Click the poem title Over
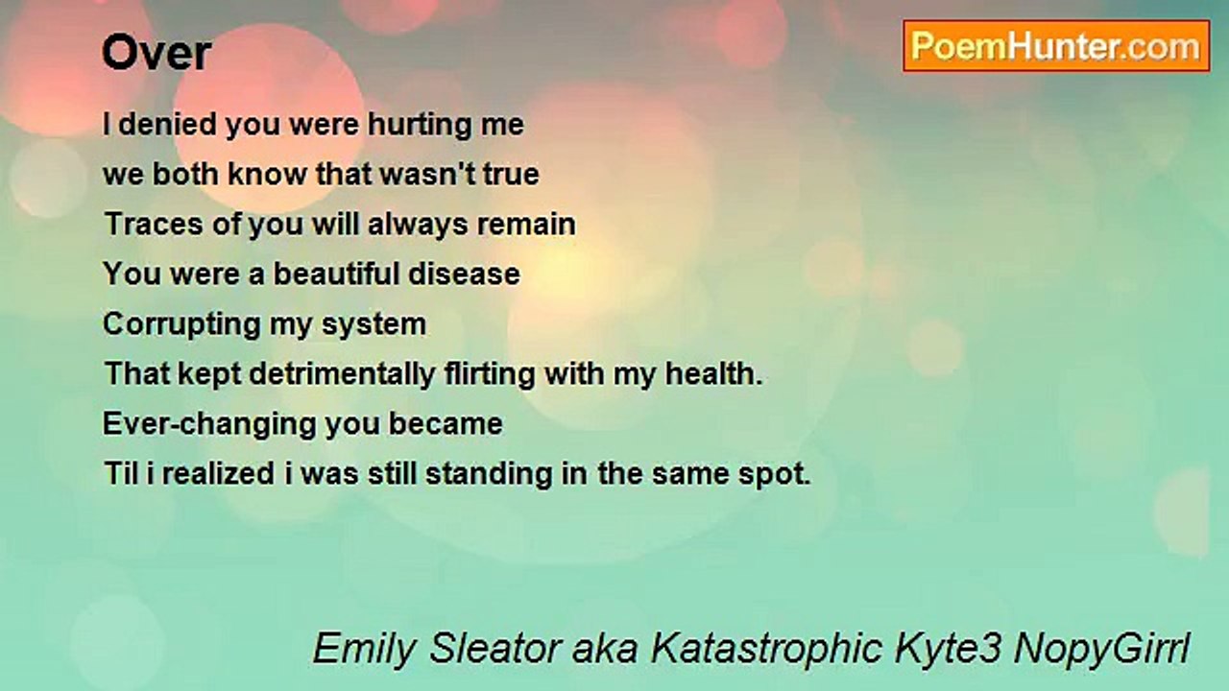(157, 53)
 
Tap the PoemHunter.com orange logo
(1056, 46)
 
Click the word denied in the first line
(168, 124)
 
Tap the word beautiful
(336, 274)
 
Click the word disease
(464, 274)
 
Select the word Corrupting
(181, 325)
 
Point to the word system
(374, 325)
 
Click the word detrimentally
(343, 374)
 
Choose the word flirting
(490, 375)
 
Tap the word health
(714, 374)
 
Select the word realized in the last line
(218, 474)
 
